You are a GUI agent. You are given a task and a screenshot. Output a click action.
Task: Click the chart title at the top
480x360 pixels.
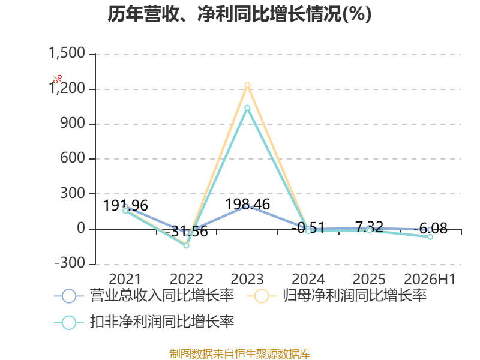239,14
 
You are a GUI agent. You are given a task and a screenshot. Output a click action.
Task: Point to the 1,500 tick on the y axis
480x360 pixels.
67,53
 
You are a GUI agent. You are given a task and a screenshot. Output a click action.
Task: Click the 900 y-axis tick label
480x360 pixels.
73,123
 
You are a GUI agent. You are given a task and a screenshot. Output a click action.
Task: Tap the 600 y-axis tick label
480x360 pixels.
73,158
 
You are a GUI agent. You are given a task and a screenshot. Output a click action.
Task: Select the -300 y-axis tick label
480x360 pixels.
70,263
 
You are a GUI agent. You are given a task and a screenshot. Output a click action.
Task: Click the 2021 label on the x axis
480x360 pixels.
125,279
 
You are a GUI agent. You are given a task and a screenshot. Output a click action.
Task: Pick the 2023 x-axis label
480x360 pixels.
247,279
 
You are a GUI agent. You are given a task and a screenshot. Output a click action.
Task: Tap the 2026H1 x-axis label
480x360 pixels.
430,279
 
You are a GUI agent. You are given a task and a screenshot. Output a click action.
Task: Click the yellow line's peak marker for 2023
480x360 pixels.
247,85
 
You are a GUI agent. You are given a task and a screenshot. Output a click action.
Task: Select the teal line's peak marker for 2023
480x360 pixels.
247,108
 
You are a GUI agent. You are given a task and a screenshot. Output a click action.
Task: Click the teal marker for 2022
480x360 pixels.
186,245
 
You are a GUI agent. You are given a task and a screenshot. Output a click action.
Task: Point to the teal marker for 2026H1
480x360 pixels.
430,236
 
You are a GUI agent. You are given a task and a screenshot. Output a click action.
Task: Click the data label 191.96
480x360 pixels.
125,205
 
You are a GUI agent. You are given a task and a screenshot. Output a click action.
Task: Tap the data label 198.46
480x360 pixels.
248,204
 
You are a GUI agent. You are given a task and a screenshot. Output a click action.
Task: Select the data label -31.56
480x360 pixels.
187,231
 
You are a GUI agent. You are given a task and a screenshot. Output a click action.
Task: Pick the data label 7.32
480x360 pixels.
370,227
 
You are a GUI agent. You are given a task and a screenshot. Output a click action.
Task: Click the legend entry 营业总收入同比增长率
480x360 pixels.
144,296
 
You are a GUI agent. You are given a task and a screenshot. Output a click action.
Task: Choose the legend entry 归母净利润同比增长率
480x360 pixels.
337,296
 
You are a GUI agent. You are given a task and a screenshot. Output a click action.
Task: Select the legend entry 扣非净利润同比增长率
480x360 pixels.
144,322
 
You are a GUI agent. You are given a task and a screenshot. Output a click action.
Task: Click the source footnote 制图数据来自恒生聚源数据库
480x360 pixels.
240,354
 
